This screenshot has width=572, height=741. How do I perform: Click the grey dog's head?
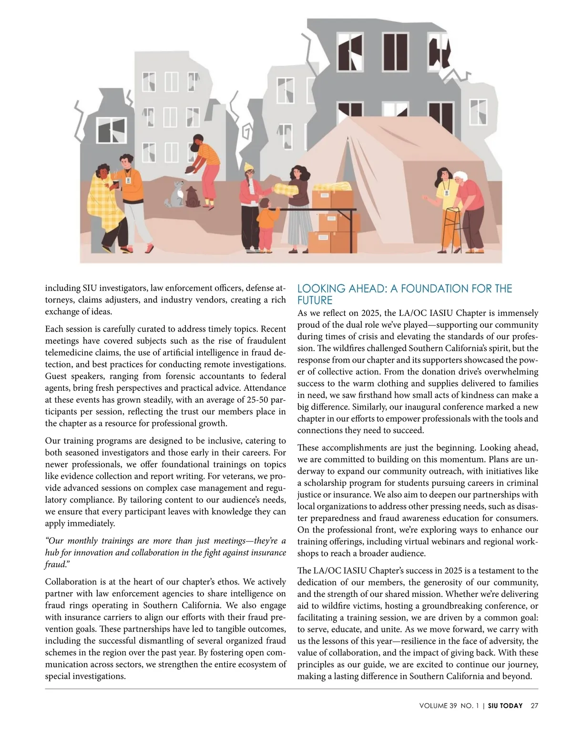coord(179,185)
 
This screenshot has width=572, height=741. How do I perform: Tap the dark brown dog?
coord(193,197)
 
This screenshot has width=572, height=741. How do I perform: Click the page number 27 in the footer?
coord(534,706)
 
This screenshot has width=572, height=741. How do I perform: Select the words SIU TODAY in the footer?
coord(505,706)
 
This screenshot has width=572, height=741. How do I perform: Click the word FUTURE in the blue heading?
coord(315,301)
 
